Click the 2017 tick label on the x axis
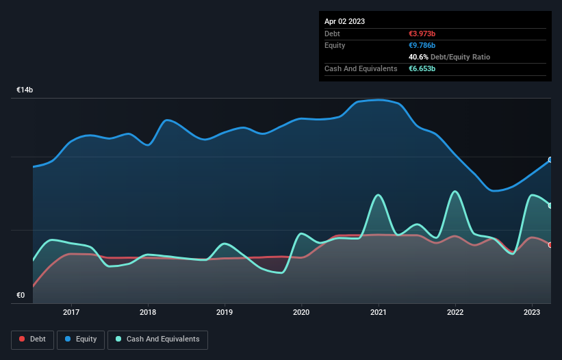pyautogui.click(x=71, y=312)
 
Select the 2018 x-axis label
pyautogui.click(x=148, y=312)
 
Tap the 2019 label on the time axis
pyautogui.click(x=225, y=312)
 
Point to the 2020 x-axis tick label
pyautogui.click(x=301, y=312)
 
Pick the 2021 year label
pyautogui.click(x=378, y=312)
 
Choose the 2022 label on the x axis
pyautogui.click(x=455, y=312)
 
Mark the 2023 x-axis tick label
pyautogui.click(x=532, y=312)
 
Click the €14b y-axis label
pyautogui.click(x=25, y=90)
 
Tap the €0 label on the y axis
pyautogui.click(x=21, y=295)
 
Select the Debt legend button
pyautogui.click(x=32, y=339)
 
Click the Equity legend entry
pyautogui.click(x=81, y=339)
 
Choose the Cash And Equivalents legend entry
pyautogui.click(x=157, y=339)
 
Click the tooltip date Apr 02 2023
pyautogui.click(x=344, y=21)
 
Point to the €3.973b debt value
pyautogui.click(x=422, y=34)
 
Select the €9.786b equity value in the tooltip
pyautogui.click(x=422, y=45)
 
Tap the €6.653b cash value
pyautogui.click(x=422, y=68)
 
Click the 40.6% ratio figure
pyautogui.click(x=418, y=57)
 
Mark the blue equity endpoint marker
pyautogui.click(x=550, y=159)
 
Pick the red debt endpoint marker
pyautogui.click(x=550, y=245)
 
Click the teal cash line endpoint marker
pyautogui.click(x=550, y=205)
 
